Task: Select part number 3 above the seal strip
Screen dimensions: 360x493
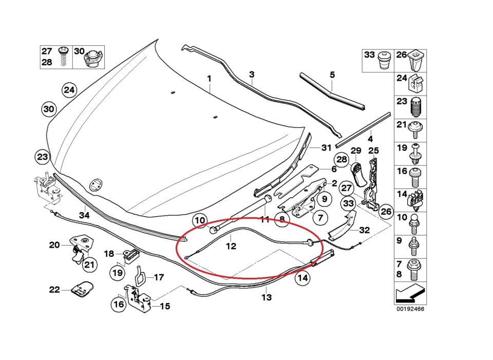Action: tap(252, 75)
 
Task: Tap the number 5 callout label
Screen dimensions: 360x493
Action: tap(332, 75)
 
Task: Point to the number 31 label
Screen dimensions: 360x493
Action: tap(327, 148)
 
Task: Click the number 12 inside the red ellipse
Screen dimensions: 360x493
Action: tap(231, 246)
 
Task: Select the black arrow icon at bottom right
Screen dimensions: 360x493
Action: tap(409, 296)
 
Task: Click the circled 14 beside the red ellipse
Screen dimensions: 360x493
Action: tap(303, 278)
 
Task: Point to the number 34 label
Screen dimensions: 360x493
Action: tap(84, 215)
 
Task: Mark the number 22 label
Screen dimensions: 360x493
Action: tap(54, 290)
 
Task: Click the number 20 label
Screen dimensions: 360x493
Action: tap(54, 245)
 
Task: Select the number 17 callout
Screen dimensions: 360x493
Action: tap(159, 278)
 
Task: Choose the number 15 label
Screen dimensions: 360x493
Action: tap(165, 307)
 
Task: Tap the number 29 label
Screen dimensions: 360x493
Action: tap(356, 150)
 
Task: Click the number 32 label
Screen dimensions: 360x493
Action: tap(364, 230)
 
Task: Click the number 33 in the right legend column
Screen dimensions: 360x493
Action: tap(370, 55)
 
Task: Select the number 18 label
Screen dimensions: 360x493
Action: tap(109, 254)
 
